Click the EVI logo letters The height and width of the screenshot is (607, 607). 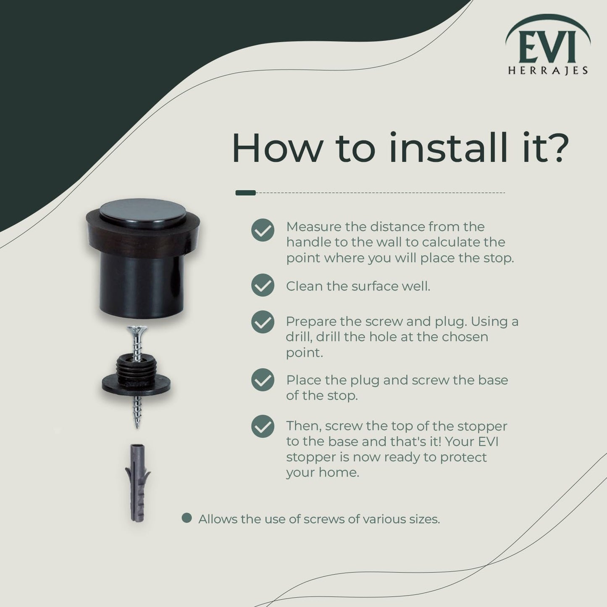coord(547,47)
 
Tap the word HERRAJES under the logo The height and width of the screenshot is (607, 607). coord(548,71)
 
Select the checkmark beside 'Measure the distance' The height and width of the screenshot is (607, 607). coord(263,230)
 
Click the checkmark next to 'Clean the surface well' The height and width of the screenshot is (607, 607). coord(263,285)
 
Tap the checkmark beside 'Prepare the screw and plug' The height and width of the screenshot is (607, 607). coord(263,322)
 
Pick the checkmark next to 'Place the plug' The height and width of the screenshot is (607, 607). coord(263,380)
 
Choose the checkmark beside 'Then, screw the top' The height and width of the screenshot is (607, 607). coord(263,426)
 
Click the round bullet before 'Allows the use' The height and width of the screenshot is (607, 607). coord(187,518)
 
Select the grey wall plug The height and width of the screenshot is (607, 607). coord(137,482)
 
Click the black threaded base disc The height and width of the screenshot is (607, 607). coord(136,380)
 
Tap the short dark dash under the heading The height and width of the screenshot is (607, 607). coord(246,193)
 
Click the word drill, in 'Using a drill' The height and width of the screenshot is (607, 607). coord(299,337)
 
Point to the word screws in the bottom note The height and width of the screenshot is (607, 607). coord(324,519)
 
